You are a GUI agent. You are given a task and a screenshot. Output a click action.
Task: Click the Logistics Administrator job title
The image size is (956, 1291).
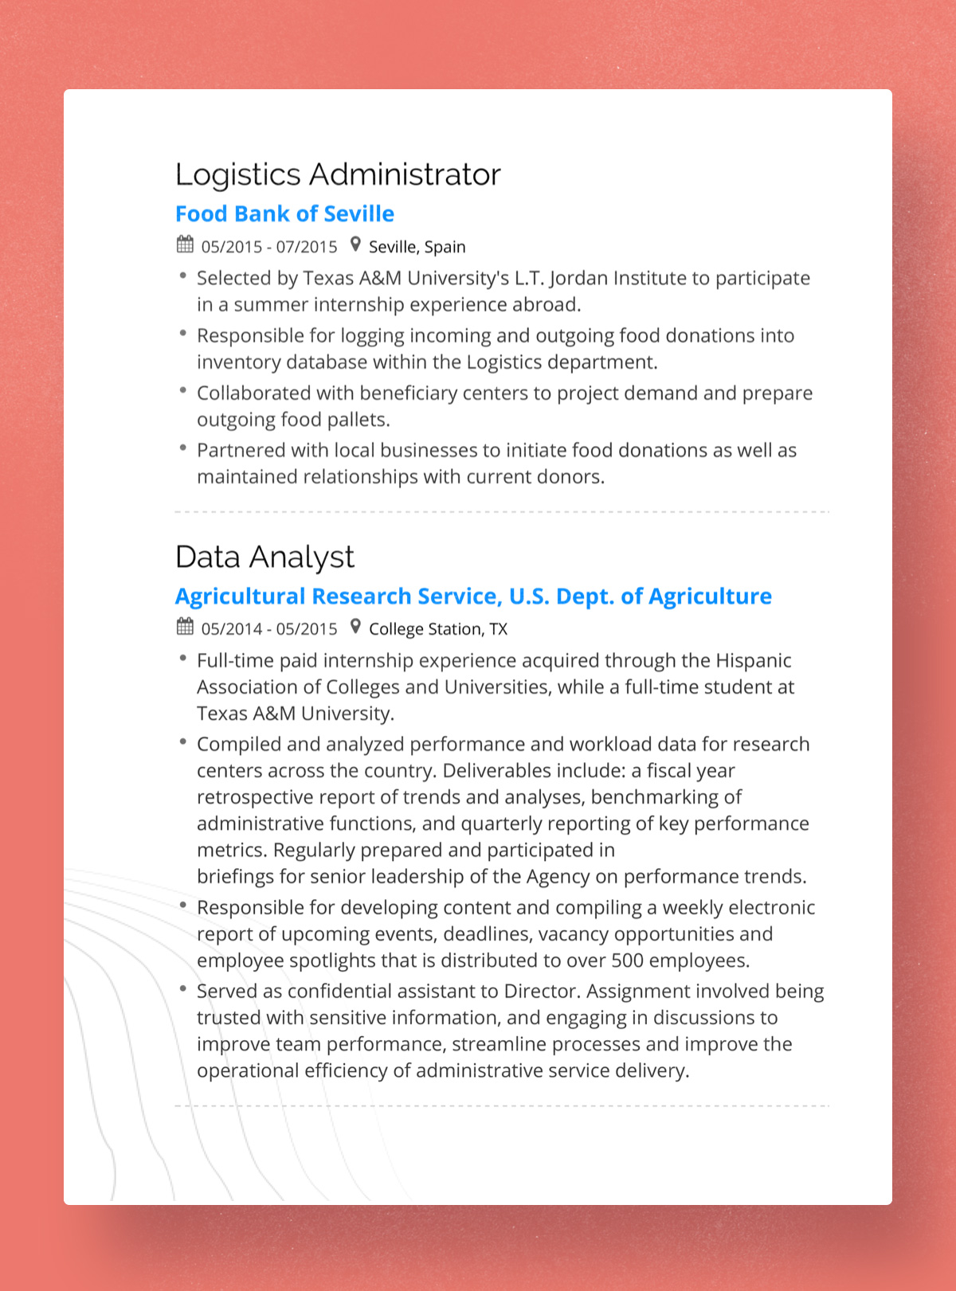coord(338,174)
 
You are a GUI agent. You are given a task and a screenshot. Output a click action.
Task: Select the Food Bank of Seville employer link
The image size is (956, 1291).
coord(284,213)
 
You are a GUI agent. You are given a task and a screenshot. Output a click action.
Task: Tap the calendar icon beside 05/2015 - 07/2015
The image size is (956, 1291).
coord(185,245)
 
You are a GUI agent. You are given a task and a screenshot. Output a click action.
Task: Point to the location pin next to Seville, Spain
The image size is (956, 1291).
coord(355,245)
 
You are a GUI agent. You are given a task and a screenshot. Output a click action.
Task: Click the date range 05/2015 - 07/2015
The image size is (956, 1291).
coord(269,247)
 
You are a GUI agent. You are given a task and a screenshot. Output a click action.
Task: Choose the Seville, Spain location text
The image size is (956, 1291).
coord(417,247)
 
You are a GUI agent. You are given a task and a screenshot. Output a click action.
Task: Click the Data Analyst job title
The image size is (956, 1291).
coord(264,557)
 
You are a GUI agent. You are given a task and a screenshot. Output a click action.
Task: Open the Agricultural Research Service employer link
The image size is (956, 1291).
coord(473,596)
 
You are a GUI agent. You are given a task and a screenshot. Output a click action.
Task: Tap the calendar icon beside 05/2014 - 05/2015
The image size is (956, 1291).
coord(185,627)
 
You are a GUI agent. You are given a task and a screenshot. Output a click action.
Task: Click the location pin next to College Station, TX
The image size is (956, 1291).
coord(355,627)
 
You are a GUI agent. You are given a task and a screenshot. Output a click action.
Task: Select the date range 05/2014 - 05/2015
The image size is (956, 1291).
coord(269,629)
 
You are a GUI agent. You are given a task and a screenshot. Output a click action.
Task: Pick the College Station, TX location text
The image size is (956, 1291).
coord(437,629)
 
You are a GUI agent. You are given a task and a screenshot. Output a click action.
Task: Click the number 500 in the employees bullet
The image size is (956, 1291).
coord(627,960)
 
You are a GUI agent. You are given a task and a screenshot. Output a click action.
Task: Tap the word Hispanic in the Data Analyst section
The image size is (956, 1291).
coord(753,660)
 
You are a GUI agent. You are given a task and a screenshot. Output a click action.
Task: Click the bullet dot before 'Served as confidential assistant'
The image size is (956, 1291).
coord(182,989)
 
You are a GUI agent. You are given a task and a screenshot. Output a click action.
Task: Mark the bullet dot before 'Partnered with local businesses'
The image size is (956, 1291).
coord(182,448)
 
